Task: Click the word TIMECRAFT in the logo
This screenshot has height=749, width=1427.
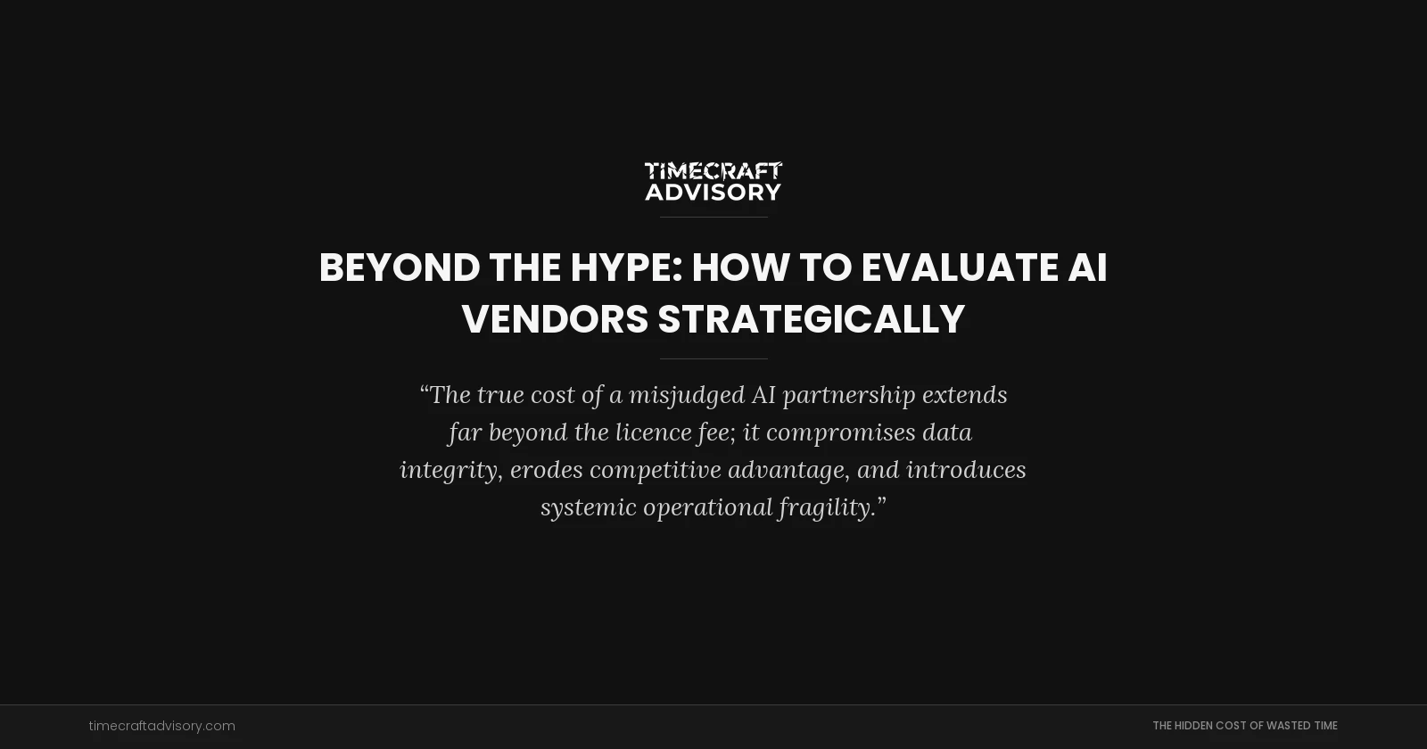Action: click(713, 170)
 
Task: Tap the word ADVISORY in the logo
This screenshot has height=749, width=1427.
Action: click(713, 192)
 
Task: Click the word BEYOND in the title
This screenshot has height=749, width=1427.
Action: click(400, 267)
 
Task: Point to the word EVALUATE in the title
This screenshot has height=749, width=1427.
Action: click(959, 267)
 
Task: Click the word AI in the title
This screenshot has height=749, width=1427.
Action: click(1087, 267)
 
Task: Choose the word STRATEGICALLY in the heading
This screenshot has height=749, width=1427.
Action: click(811, 319)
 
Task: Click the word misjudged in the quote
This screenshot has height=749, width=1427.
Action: click(687, 395)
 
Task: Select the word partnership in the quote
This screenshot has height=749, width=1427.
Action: click(849, 395)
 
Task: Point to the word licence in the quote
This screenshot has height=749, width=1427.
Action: click(653, 432)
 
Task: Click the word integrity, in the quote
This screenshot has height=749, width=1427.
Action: click(451, 470)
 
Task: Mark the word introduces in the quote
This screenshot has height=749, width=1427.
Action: click(966, 470)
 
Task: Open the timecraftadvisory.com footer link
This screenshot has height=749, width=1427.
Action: click(162, 726)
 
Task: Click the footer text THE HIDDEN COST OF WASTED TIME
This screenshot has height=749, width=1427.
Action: click(1244, 726)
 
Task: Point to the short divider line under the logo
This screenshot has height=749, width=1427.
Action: click(713, 217)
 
